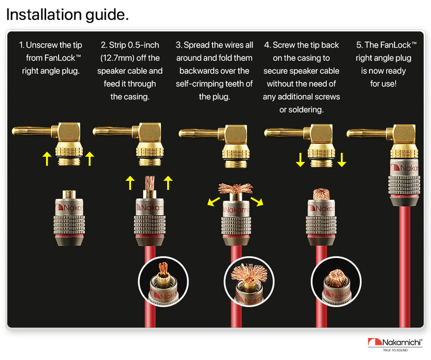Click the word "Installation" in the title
(44, 14)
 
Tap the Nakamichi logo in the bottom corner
(395, 344)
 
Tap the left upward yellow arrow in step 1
(47, 159)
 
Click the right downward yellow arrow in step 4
(341, 160)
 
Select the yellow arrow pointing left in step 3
(214, 201)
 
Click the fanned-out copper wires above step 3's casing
(236, 188)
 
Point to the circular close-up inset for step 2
(163, 282)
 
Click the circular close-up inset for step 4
(336, 282)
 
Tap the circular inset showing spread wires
(249, 282)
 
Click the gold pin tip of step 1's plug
(14, 131)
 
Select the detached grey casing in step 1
(69, 218)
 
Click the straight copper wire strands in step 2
(150, 183)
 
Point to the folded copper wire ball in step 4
(322, 194)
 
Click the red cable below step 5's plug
(405, 266)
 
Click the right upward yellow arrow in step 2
(168, 183)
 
